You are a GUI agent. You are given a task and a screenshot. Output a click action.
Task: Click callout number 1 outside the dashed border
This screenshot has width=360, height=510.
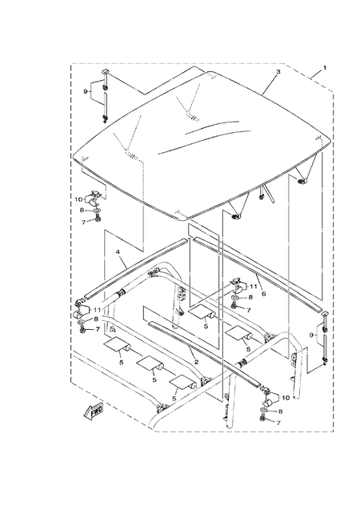[x=325, y=68]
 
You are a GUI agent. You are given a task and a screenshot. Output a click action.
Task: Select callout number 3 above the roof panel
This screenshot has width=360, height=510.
[x=277, y=72]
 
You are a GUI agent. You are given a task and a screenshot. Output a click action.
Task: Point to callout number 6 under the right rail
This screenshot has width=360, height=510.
[x=263, y=294]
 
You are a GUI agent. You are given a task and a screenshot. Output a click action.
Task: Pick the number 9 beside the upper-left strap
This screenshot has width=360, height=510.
[x=86, y=91]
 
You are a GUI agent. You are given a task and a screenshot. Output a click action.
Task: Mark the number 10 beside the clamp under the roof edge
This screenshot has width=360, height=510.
[x=79, y=199]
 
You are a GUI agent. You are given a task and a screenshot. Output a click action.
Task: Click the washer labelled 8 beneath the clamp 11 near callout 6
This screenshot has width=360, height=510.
[x=233, y=299]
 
